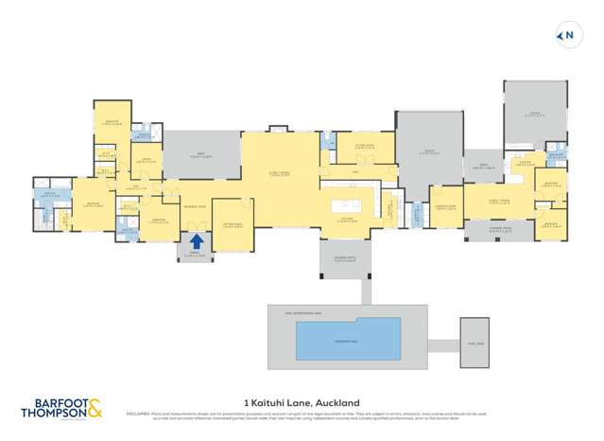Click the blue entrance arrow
point(197,242)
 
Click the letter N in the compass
point(570,36)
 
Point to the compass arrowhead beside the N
point(561,36)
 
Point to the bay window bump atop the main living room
point(277,129)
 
